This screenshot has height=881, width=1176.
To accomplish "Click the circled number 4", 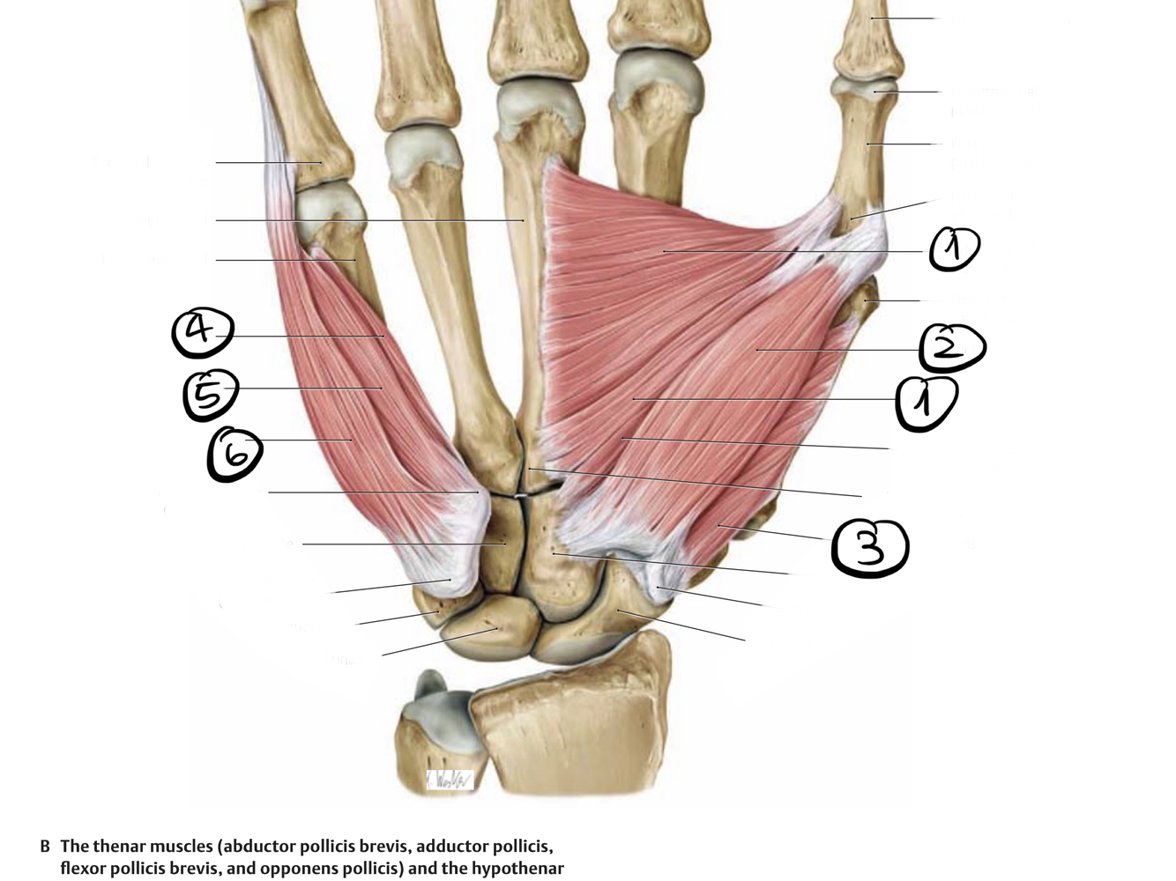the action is coord(203,333).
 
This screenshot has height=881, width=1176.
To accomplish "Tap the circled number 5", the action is coord(211,396).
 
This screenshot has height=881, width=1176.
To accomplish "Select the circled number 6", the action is coord(234,455).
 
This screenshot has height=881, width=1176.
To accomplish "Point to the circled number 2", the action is coord(951,348).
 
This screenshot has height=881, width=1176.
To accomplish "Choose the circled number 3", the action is coord(869,548).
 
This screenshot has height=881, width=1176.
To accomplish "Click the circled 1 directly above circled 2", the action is coord(954,249).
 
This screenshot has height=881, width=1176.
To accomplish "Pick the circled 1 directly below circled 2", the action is coord(926,404).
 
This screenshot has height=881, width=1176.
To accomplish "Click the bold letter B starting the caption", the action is coord(45,847).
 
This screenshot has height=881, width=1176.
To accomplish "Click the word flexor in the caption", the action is coord(83,869).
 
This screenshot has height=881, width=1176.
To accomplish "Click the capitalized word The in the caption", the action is coord(74,847).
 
